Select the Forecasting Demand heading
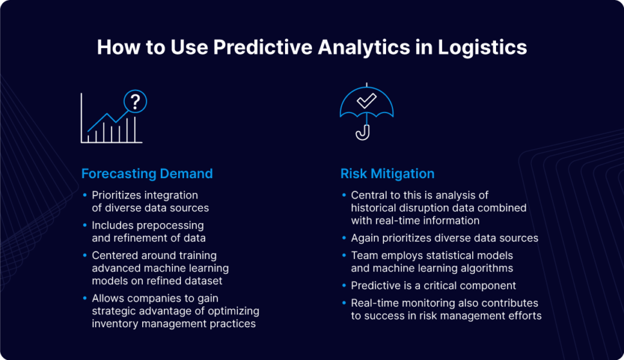147,174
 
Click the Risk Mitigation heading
387,174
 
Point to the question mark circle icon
135,101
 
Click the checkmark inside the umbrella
366,100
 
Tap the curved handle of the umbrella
364,132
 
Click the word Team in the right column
363,256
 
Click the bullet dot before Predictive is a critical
344,285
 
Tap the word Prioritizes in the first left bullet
119,195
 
